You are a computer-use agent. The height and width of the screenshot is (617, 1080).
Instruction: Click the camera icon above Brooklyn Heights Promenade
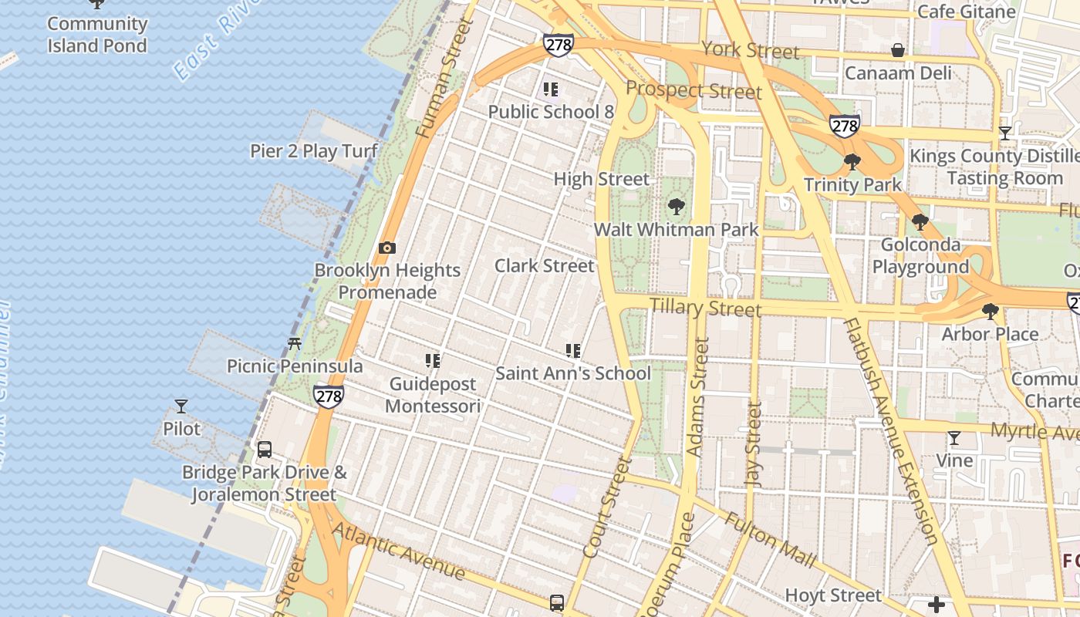point(387,248)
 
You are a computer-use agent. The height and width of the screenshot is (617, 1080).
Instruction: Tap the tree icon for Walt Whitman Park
point(677,207)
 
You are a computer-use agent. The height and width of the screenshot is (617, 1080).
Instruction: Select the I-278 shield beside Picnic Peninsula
point(329,396)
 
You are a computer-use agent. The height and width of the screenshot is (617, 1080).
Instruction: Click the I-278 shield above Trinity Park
point(845,126)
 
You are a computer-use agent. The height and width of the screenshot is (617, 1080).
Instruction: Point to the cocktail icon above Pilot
point(181,406)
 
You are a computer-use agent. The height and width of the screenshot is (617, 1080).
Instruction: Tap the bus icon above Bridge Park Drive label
point(265,450)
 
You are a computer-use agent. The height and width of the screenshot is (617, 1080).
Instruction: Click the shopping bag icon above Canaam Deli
point(898,51)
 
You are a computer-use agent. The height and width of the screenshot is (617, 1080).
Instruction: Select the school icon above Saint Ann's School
point(572,352)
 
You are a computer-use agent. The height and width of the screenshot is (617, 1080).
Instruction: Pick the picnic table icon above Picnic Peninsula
point(294,344)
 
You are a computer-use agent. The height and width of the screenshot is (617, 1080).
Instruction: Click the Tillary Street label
point(705,308)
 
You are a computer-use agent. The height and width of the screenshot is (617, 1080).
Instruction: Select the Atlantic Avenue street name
point(399,551)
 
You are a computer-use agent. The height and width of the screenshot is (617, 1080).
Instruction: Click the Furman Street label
point(444,79)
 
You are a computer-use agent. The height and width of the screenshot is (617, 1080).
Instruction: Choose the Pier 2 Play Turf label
point(314,151)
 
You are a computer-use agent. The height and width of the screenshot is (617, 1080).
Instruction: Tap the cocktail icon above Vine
point(954,438)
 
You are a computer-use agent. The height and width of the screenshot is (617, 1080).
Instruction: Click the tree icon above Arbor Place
point(991,312)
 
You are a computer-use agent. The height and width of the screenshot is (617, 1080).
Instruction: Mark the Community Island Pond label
point(97,35)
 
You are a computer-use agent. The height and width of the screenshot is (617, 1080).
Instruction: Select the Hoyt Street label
point(833,595)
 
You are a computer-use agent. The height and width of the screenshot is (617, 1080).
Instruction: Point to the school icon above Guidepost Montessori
point(433,361)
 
